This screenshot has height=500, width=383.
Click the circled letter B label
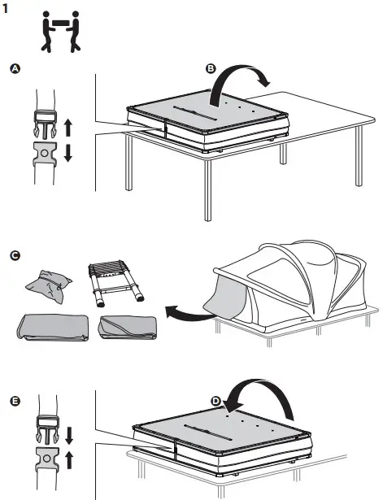click(211, 70)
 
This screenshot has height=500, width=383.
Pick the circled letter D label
click(215, 401)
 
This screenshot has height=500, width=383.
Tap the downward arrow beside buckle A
click(67, 152)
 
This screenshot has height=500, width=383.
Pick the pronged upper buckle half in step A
click(45, 124)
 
